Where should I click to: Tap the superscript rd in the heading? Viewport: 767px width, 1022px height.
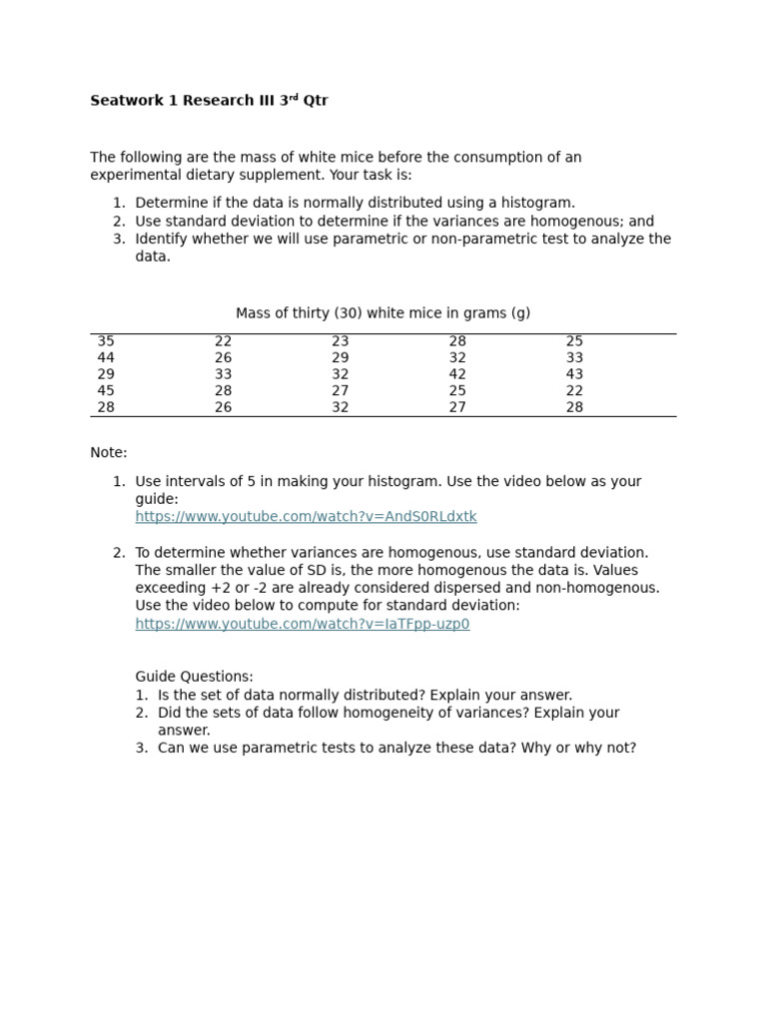click(x=295, y=98)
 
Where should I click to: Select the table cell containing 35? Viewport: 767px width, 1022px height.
click(x=106, y=341)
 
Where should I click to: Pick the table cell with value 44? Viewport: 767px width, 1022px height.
click(x=106, y=357)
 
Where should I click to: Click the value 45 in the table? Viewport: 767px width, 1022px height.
click(x=106, y=390)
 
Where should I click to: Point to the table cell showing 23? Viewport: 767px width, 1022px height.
click(x=341, y=341)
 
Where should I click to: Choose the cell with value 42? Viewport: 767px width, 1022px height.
click(x=457, y=374)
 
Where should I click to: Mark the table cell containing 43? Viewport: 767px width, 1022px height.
click(x=574, y=374)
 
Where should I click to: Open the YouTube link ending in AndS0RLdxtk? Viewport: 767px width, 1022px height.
click(x=306, y=517)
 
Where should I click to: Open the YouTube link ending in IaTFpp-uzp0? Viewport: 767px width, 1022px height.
click(x=302, y=624)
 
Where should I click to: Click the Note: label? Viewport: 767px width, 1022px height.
click(x=109, y=453)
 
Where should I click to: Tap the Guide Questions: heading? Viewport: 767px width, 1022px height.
click(x=194, y=677)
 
